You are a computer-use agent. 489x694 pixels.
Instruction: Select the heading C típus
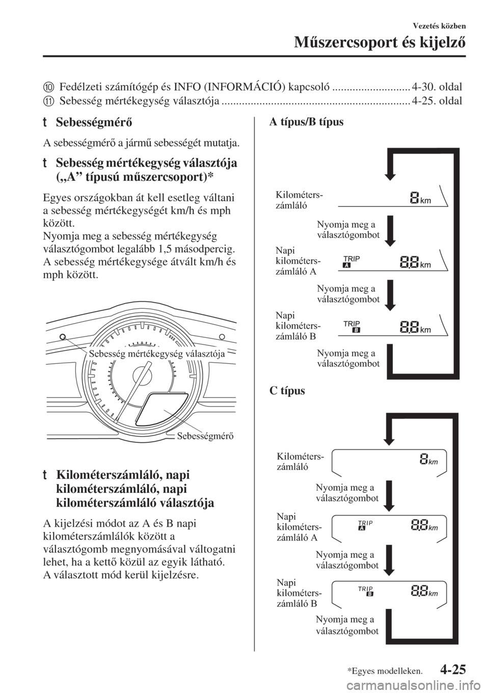(x=287, y=391)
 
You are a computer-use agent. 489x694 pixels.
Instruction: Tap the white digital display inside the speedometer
(x=162, y=410)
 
